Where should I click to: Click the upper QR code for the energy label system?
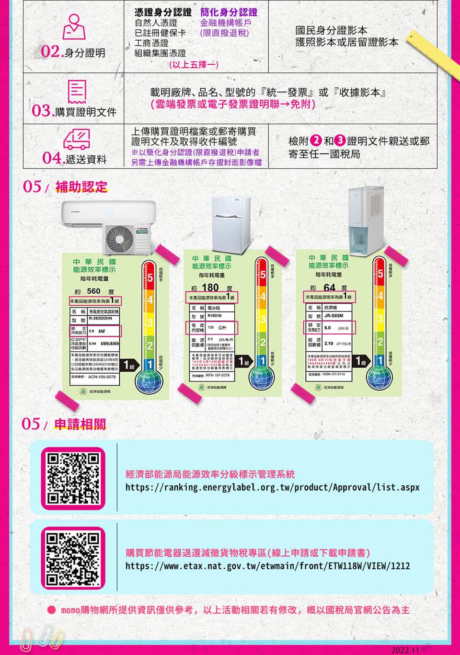pyautogui.click(x=73, y=478)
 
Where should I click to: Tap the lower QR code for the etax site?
pyautogui.click(x=73, y=557)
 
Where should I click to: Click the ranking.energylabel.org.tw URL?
pyautogui.click(x=272, y=487)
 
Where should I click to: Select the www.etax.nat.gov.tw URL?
pyautogui.click(x=267, y=566)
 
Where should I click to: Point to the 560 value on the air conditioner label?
pyautogui.click(x=93, y=291)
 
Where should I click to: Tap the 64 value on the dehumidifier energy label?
pyautogui.click(x=329, y=287)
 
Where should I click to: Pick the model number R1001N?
pyautogui.click(x=215, y=316)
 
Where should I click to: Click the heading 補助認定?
pyautogui.click(x=81, y=187)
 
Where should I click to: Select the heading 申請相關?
pyautogui.click(x=80, y=424)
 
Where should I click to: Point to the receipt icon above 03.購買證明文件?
pyautogui.click(x=77, y=92)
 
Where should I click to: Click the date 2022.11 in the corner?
pyautogui.click(x=405, y=650)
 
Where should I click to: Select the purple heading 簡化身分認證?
pyautogui.click(x=229, y=12)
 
